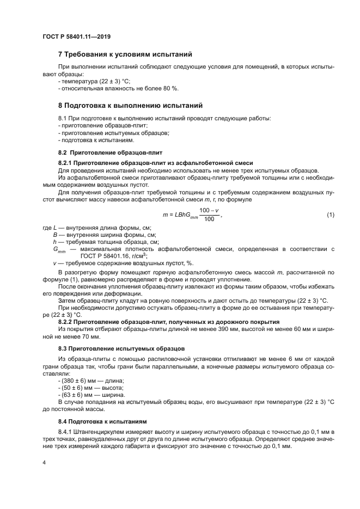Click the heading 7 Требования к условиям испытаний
[125, 54]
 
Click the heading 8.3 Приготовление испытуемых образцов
[121, 347]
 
